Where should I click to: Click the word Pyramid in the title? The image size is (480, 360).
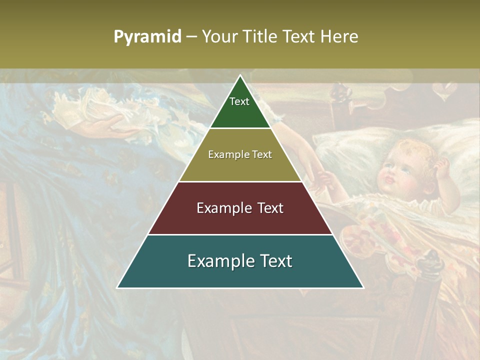coord(147,37)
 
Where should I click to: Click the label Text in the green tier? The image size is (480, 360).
coord(239,101)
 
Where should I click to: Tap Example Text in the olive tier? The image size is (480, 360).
coord(240,154)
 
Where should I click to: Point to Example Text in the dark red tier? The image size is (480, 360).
coord(240,208)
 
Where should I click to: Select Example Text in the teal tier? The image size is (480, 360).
coord(240,261)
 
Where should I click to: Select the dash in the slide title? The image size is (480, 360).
coord(191,37)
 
